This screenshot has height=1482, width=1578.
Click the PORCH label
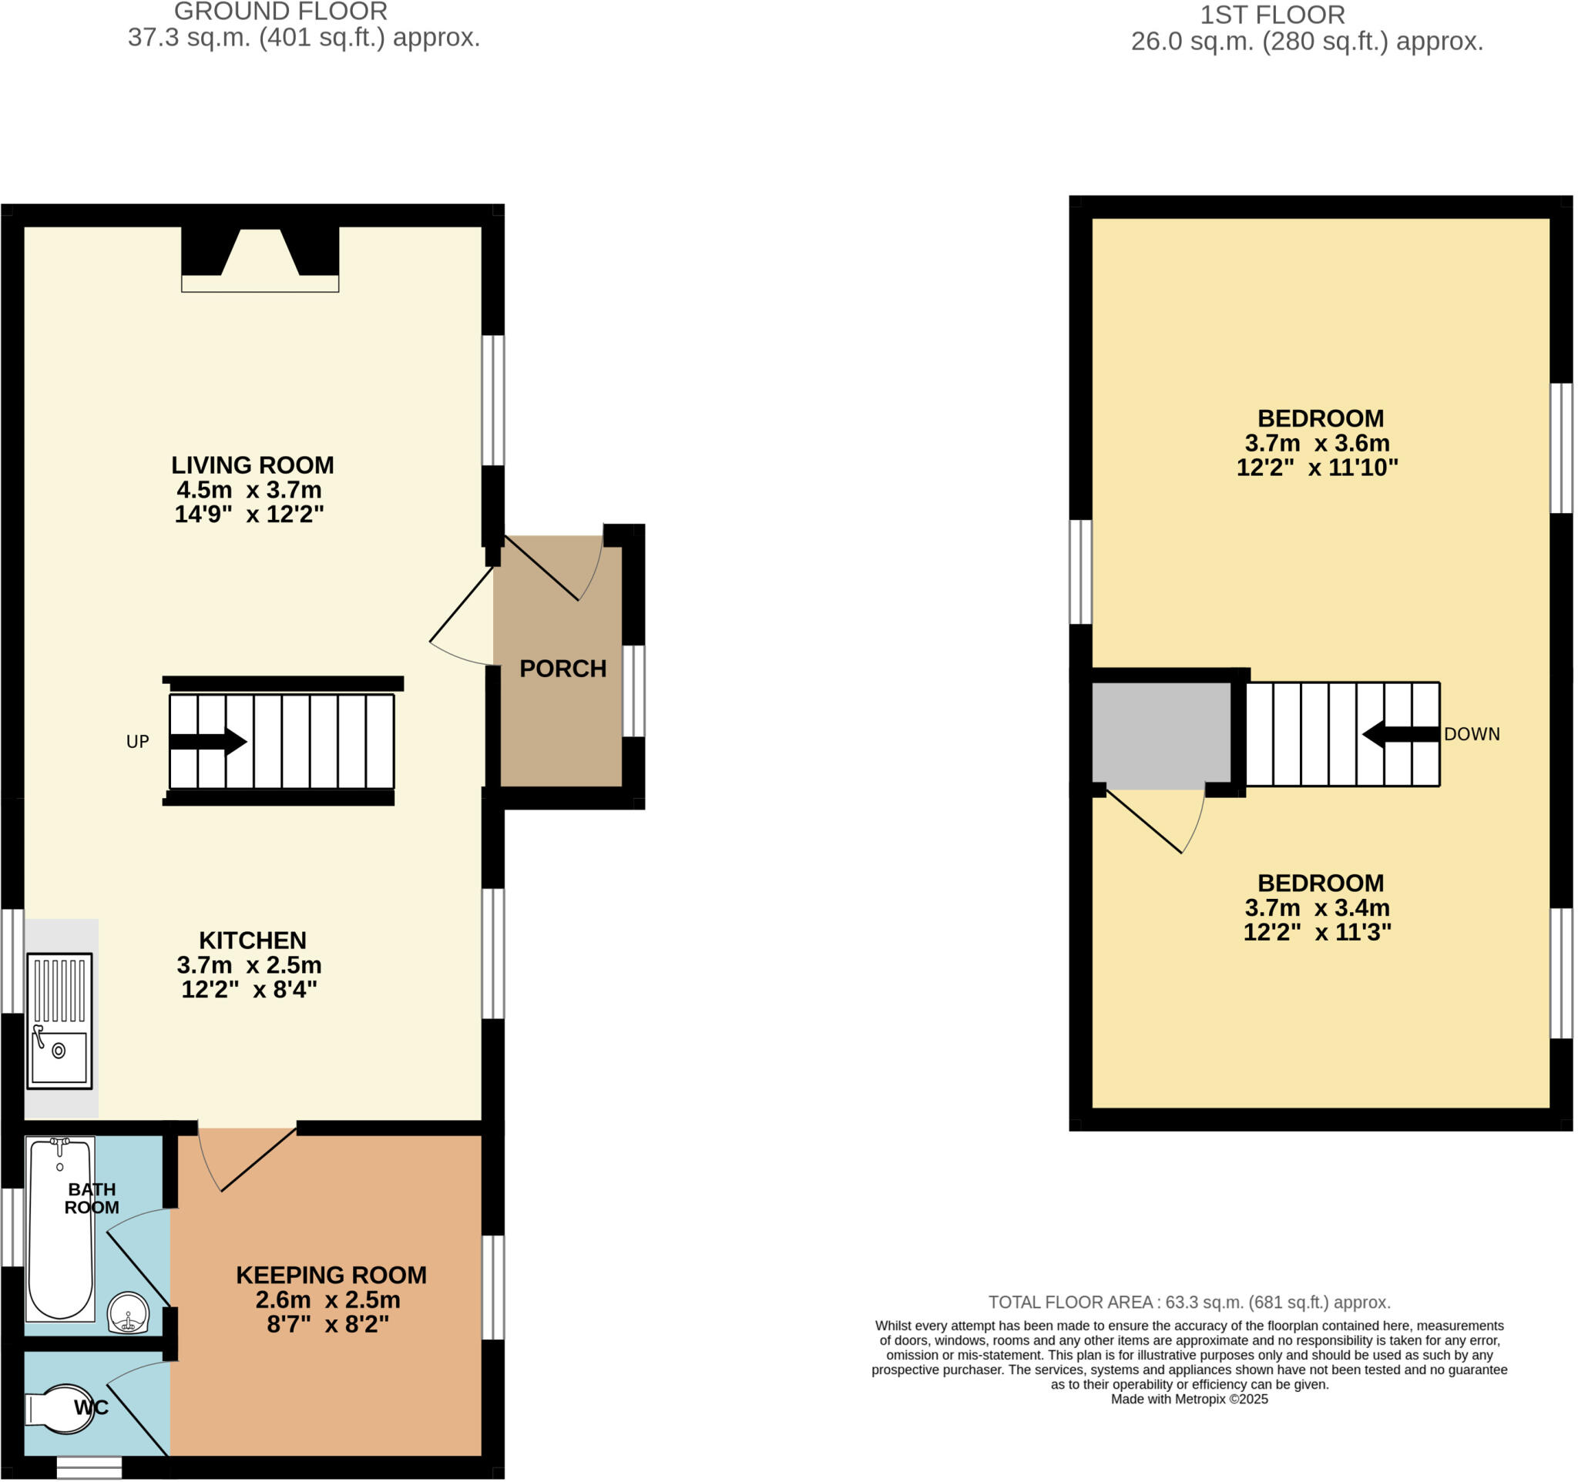(562, 669)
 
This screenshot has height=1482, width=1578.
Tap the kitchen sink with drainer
(59, 1021)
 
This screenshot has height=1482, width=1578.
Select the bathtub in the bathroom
(59, 1229)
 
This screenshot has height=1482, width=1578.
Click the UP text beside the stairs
(137, 742)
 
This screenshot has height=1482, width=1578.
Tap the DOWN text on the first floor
(1471, 735)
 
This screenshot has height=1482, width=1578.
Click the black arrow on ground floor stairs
(209, 742)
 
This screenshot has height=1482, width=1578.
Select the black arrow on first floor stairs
(1400, 735)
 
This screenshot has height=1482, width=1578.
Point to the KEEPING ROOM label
(331, 1275)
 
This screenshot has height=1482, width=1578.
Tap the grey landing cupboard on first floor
(1160, 736)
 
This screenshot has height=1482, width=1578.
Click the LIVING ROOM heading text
(253, 465)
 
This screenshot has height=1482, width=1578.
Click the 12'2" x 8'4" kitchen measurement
(249, 989)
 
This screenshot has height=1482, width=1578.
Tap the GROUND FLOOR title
(281, 12)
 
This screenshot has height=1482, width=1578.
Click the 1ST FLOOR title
(1271, 15)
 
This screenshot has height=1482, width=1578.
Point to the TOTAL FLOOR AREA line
(1189, 1302)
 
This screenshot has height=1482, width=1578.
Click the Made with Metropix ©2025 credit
(1189, 1399)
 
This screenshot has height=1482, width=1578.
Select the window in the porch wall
(633, 691)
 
